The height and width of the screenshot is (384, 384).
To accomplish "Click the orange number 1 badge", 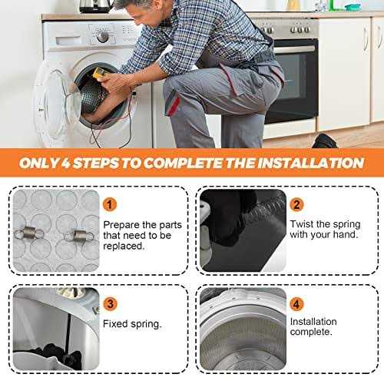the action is point(110,204).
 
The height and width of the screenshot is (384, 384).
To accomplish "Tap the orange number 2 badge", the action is point(296,204).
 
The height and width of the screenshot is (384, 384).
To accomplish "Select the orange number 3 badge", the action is point(110,304).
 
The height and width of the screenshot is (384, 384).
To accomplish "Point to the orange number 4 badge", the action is point(296,304).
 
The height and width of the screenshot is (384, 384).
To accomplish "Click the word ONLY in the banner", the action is point(39,163).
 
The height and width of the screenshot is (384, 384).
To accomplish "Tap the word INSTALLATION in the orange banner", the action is point(311,163).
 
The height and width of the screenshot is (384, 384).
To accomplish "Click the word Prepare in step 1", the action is point(121,226).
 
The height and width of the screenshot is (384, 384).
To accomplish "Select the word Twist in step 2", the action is point(302,223).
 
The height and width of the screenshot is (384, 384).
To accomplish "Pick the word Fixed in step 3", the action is point(115,323).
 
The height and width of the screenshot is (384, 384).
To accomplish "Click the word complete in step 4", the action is point(311,332).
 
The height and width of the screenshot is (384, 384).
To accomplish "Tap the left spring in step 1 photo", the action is point(29,233).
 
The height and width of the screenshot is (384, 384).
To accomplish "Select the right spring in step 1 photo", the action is point(78,236).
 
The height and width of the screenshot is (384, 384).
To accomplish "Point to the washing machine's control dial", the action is point(102,37).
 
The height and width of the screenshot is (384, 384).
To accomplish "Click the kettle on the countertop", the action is point(96,6).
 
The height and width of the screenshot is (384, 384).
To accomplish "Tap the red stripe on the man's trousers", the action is point(174,105).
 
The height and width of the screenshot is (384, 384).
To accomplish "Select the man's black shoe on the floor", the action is point(325,141).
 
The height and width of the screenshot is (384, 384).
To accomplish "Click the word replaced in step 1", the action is point(124,246).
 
